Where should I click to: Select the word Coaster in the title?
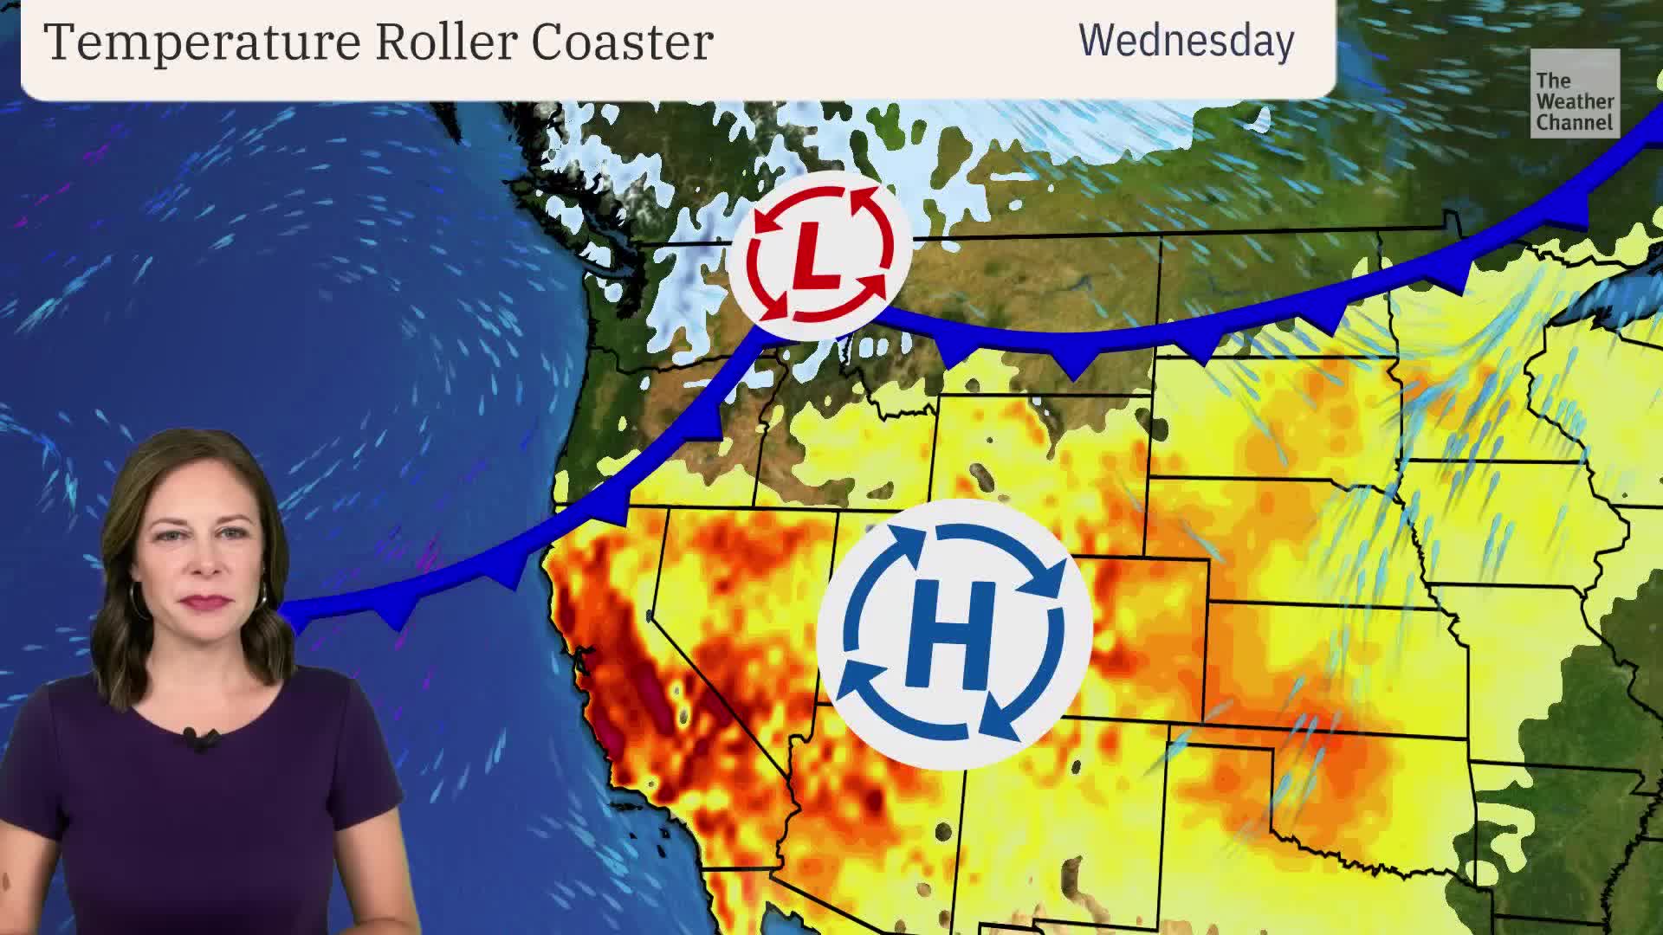622,42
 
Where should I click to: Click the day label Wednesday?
1186,41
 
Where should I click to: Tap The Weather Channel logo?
1574,93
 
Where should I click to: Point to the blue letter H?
953,633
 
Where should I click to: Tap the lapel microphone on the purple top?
201,738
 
